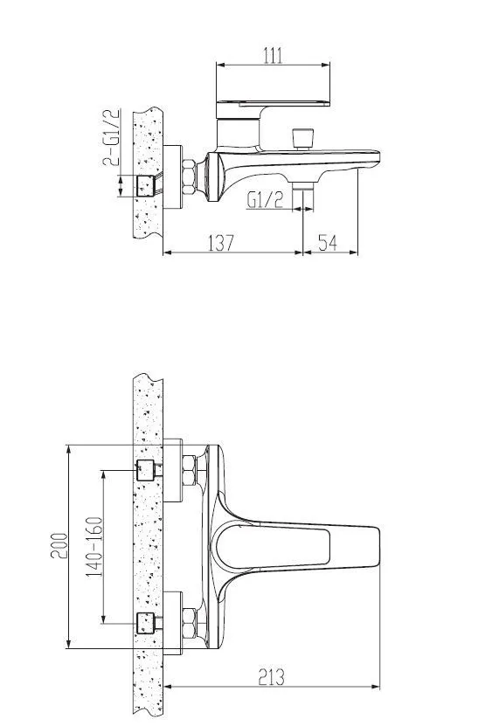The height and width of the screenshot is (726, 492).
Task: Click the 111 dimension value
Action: click(x=274, y=55)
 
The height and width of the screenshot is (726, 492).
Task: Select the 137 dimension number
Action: click(x=223, y=243)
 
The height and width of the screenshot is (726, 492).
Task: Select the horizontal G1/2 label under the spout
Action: click(x=264, y=200)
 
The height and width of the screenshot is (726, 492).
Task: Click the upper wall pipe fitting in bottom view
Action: click(x=146, y=467)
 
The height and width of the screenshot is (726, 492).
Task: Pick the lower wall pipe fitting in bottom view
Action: click(x=146, y=621)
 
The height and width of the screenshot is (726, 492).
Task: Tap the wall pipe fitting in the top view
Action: click(x=146, y=184)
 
